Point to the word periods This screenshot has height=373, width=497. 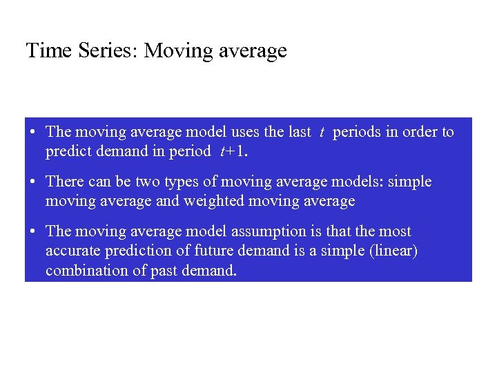point(357,132)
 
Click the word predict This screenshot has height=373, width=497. point(68,151)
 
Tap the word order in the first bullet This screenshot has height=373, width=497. point(421,132)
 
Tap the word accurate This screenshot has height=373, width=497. point(72,251)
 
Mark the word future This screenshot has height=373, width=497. point(208,251)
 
